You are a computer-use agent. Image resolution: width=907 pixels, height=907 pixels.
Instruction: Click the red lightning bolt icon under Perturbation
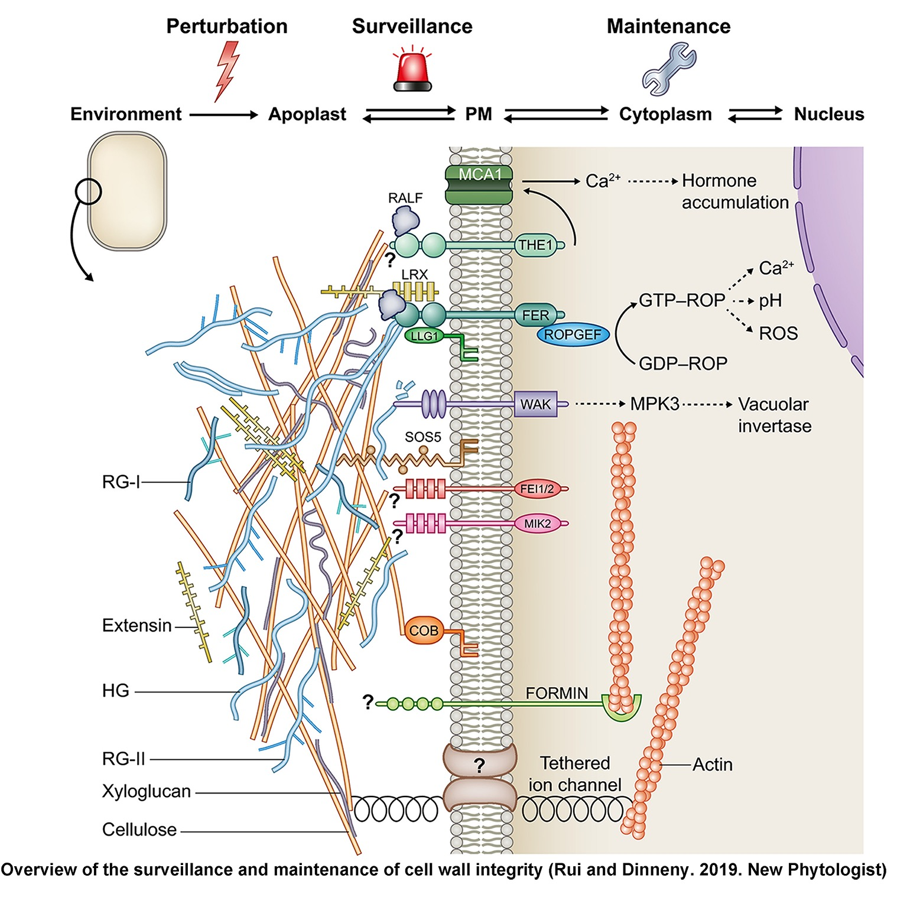tap(227, 70)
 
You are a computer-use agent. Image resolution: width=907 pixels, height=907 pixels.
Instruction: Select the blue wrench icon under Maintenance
tap(669, 69)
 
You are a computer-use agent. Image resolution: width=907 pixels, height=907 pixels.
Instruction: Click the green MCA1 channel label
tap(479, 175)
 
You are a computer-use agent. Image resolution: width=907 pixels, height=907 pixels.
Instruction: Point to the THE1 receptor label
tap(535, 245)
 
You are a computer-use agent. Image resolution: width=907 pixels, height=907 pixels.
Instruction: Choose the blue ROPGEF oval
tap(573, 335)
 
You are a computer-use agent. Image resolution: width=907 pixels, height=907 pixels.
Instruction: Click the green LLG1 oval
tap(424, 336)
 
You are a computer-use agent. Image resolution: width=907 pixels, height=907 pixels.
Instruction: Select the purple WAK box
tap(535, 405)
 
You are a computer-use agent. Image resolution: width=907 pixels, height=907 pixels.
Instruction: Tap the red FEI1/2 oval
tap(537, 489)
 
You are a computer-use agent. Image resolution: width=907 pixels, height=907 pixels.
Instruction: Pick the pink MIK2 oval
tap(537, 524)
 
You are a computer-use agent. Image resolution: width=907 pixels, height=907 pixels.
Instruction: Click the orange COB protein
tap(424, 631)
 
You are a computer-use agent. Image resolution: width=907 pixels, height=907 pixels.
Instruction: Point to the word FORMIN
tap(557, 693)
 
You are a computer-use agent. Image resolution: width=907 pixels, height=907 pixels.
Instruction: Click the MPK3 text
tap(655, 404)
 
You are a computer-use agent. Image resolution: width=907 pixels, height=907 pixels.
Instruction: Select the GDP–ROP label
tap(683, 363)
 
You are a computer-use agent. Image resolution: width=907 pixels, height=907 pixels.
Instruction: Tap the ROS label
tap(778, 333)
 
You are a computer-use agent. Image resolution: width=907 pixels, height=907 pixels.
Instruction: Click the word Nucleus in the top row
tap(828, 114)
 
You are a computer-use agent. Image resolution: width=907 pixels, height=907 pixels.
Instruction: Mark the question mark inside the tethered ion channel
tap(479, 766)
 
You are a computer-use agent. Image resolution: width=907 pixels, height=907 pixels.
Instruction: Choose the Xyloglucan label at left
tap(146, 791)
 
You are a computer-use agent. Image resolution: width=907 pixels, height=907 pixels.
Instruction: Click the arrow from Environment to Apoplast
tap(224, 115)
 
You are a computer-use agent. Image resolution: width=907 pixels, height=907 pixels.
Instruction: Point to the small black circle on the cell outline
tap(89, 191)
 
